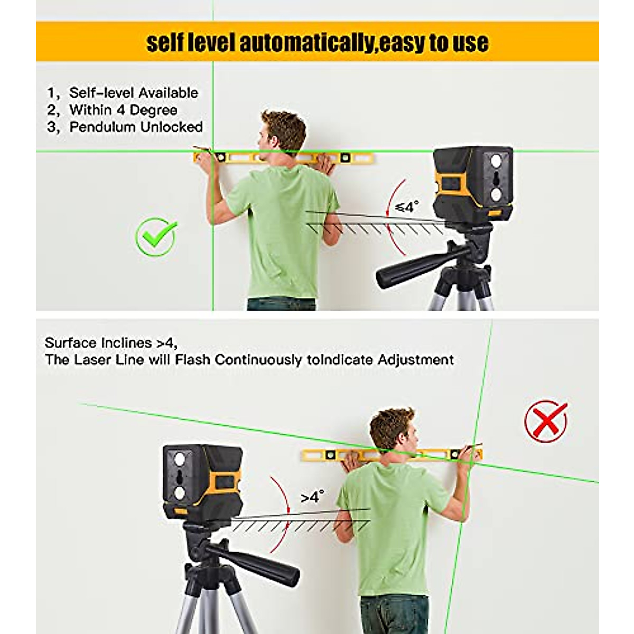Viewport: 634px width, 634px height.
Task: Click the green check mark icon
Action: point(156,238)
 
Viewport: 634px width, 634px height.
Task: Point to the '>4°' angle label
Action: point(312,497)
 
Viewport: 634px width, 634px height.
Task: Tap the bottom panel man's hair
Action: point(391,425)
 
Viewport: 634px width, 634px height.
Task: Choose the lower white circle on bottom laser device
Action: point(180,493)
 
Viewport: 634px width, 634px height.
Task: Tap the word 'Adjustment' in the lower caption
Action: point(416,360)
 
